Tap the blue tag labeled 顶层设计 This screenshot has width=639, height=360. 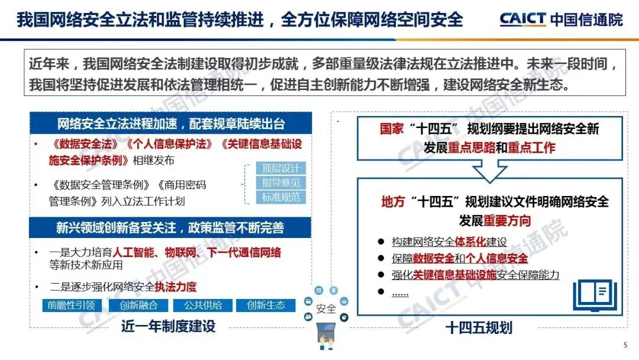tap(281, 168)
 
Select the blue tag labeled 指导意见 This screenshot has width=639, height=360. tap(281, 183)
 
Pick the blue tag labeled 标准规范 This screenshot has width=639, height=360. tap(281, 198)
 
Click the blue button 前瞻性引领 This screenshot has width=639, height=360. tap(71, 306)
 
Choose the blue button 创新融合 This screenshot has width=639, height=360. tap(137, 306)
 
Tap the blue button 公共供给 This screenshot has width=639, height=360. tap(202, 306)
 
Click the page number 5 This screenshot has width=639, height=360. tap(625, 345)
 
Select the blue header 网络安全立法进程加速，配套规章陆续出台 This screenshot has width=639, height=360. tap(171, 124)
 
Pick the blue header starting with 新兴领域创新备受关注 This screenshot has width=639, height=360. tap(170, 228)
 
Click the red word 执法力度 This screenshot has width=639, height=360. tap(175, 287)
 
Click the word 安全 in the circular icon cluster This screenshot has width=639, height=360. tap(326, 309)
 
